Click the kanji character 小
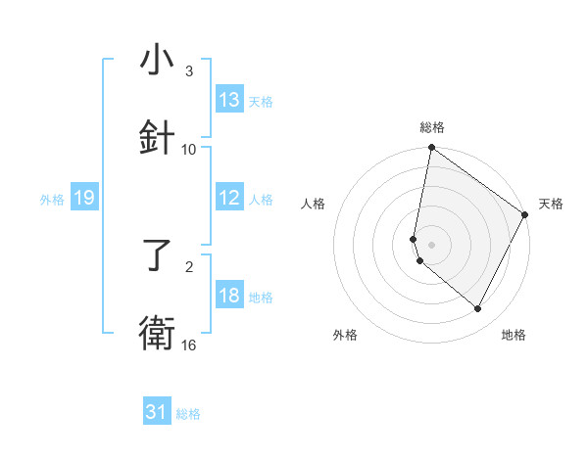pos(157,61)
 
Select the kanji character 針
pos(157,138)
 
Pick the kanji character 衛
pos(157,334)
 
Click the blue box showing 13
pos(229,100)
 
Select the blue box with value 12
pos(229,198)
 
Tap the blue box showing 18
pos(229,296)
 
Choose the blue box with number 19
pos(83,198)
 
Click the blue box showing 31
pos(157,412)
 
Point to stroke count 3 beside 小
pos(189,70)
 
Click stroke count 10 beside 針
pos(189,149)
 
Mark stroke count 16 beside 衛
pos(189,345)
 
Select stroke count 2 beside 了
pos(189,266)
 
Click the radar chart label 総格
pos(432,127)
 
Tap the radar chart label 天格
pos(551,204)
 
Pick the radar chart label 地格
pos(514,335)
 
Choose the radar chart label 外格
pos(345,335)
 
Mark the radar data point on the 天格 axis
pos(525,215)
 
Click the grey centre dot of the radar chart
pos(432,244)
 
